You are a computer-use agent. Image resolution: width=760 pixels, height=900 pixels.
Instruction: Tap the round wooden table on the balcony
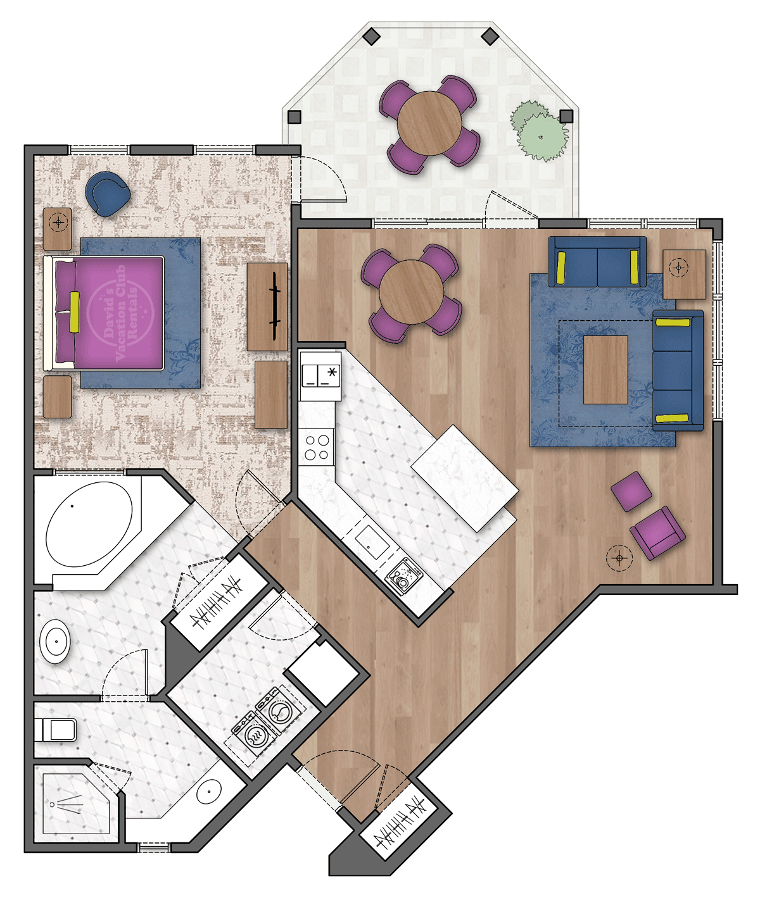pyautogui.click(x=430, y=123)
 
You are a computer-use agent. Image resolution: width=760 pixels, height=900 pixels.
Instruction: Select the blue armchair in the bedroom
pyautogui.click(x=108, y=193)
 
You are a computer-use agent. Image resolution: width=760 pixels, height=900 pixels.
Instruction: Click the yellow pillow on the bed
pyautogui.click(x=75, y=312)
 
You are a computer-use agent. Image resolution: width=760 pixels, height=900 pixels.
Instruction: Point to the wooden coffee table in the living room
pyautogui.click(x=605, y=370)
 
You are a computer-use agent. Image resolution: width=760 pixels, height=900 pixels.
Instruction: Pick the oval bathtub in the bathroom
pyautogui.click(x=89, y=525)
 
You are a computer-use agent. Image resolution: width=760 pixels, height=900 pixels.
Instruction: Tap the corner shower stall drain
pyautogui.click(x=53, y=804)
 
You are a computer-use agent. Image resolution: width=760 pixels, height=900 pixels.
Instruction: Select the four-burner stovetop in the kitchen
pyautogui.click(x=317, y=447)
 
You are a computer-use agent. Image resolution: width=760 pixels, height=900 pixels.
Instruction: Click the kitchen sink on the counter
pyautogui.click(x=371, y=542)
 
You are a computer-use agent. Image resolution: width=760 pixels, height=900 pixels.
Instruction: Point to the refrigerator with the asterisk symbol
pyautogui.click(x=320, y=375)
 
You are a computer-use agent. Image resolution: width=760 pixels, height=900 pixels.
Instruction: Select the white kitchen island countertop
pyautogui.click(x=464, y=478)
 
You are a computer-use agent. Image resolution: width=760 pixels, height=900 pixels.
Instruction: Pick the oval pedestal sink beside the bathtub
pyautogui.click(x=56, y=641)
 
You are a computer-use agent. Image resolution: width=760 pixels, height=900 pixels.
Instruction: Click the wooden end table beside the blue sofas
pyautogui.click(x=684, y=274)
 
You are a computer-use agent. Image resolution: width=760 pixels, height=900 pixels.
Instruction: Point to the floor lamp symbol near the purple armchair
pyautogui.click(x=619, y=558)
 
